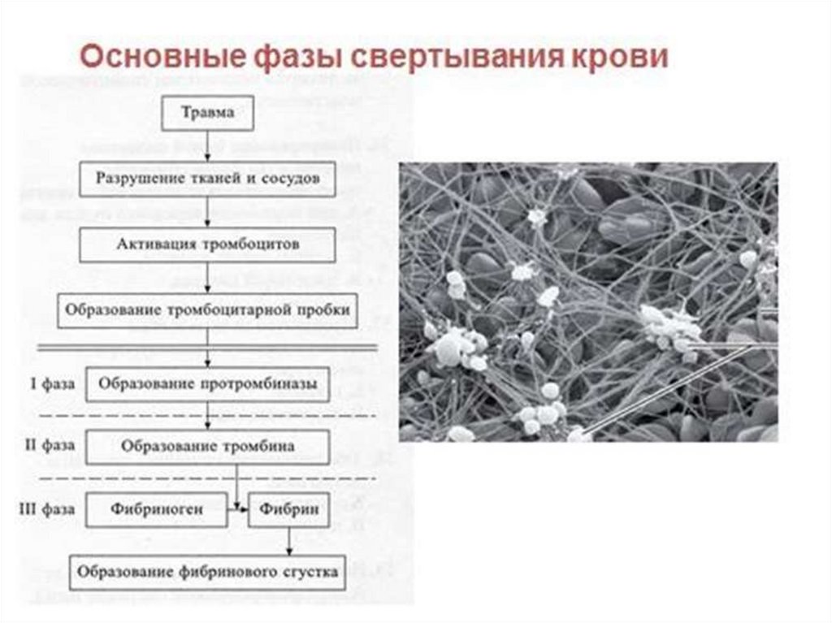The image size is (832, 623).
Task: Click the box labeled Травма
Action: click(209, 114)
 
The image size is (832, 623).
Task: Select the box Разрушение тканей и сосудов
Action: click(207, 178)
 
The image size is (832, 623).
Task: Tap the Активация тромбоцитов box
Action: click(208, 244)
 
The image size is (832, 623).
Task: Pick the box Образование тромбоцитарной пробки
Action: click(207, 309)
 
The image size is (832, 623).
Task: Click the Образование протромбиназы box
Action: click(208, 383)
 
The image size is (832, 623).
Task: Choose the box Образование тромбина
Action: click(208, 446)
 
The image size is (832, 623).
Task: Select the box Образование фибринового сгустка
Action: click(208, 571)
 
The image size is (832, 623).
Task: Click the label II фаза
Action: click(50, 446)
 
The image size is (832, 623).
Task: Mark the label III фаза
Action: click(47, 510)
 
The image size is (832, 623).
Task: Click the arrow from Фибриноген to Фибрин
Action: click(238, 509)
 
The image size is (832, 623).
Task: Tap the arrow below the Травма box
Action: click(209, 145)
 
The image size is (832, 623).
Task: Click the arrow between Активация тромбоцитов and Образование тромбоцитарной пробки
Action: click(209, 277)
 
